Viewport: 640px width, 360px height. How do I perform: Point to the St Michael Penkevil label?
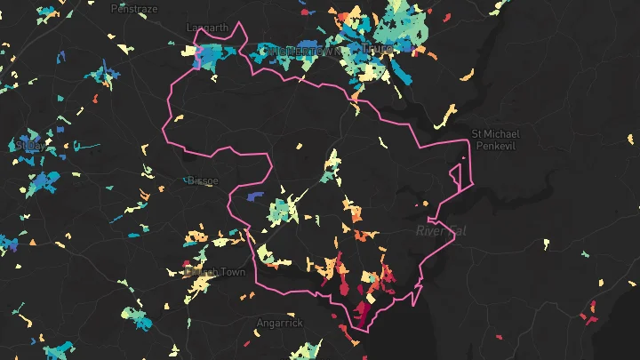[494, 139]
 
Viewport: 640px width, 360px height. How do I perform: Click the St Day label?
[28, 144]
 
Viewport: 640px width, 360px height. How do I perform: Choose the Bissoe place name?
[203, 181]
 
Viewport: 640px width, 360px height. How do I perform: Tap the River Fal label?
[440, 231]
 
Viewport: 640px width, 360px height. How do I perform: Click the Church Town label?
[207, 272]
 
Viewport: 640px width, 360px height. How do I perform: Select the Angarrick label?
[280, 323]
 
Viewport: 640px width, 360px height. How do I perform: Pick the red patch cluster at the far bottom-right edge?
[588, 312]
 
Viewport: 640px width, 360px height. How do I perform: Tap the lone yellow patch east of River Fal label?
[546, 244]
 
